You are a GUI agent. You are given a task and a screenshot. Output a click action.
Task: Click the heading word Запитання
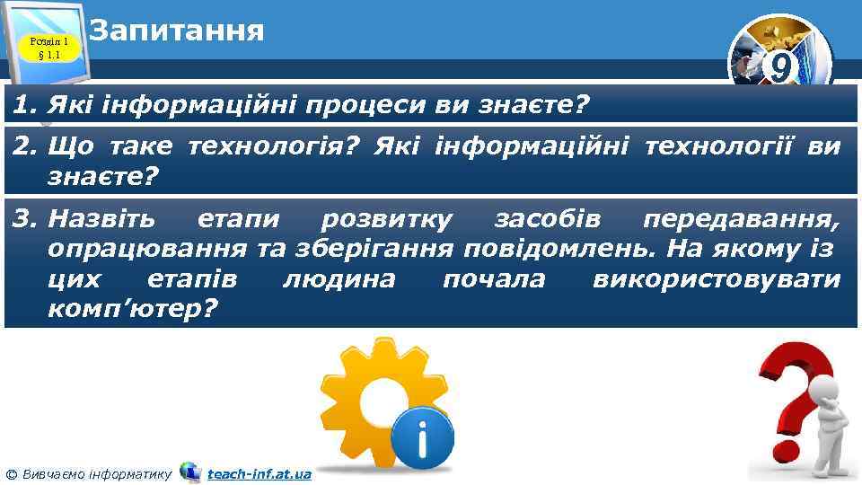point(178,30)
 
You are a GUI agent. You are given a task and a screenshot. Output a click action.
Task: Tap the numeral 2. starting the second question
point(25,146)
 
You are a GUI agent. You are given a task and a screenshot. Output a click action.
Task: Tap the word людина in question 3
point(339,278)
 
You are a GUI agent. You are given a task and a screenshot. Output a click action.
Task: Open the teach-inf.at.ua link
point(259,473)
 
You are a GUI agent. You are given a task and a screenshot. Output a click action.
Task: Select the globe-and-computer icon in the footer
point(189,472)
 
